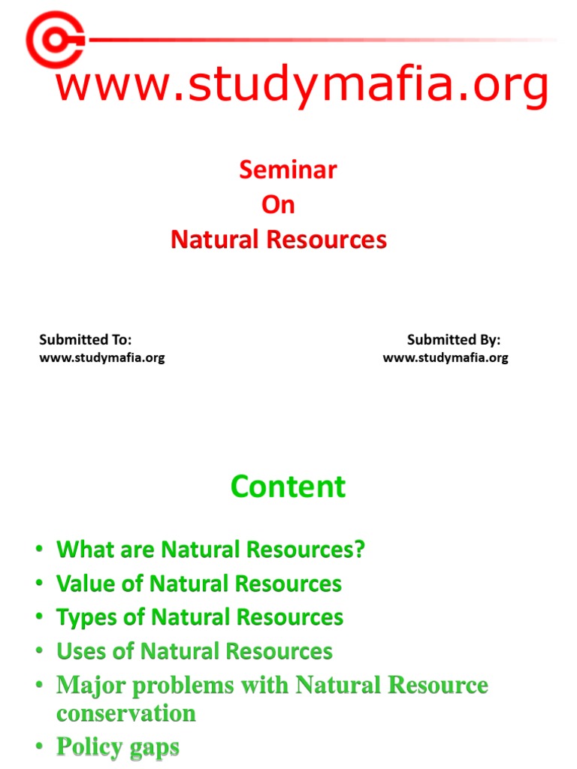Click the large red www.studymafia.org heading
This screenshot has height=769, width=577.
pos(302,86)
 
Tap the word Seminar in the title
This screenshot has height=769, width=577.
pos(288,170)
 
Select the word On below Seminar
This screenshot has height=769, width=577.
pos(278,205)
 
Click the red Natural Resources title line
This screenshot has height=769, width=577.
pos(278,240)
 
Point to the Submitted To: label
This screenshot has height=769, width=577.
pos(86,340)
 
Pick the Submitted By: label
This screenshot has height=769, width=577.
pos(454,340)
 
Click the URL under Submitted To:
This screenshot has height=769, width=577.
pos(101,357)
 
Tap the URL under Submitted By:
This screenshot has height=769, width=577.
pos(446,357)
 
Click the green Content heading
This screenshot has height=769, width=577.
pos(288,487)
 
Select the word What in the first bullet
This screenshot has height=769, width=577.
pos(82,550)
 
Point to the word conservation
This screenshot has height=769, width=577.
pos(125,713)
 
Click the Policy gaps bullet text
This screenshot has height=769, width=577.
pos(118,747)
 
